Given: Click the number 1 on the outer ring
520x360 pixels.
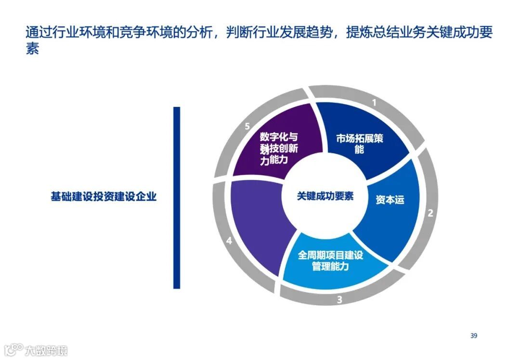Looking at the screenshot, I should [x=374, y=102].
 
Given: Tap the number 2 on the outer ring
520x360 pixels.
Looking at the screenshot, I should [x=430, y=212].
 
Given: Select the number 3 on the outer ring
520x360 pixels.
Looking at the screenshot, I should [x=339, y=300].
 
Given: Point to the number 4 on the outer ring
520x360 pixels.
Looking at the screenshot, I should [x=229, y=240].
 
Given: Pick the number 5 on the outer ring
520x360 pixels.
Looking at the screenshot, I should [x=247, y=127].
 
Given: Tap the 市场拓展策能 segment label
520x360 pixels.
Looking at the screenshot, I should [x=359, y=143].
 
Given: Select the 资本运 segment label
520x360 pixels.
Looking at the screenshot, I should [x=390, y=200].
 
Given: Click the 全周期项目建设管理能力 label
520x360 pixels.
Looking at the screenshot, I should [x=330, y=260].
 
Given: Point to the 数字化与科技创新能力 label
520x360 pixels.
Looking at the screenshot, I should [x=279, y=148].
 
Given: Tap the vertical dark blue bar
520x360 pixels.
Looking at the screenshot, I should [x=177, y=197].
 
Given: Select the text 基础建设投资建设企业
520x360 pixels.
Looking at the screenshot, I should [x=104, y=197].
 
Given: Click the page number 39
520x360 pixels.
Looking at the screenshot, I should [x=474, y=335].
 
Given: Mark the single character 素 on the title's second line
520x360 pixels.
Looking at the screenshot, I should [x=32, y=49].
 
